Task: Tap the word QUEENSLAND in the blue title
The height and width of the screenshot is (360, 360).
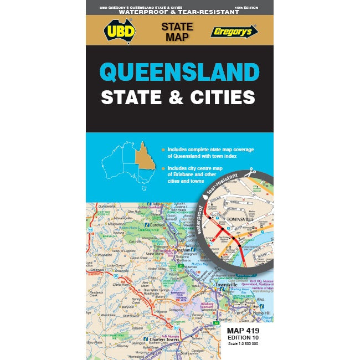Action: point(179,73)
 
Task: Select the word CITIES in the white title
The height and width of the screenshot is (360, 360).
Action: point(221,97)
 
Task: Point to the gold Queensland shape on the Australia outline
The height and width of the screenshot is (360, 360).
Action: point(145,157)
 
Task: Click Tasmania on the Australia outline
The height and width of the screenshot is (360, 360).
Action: point(143,189)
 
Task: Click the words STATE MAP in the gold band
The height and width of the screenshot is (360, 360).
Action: point(177,31)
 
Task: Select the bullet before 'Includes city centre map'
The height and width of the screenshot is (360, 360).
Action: point(162,168)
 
